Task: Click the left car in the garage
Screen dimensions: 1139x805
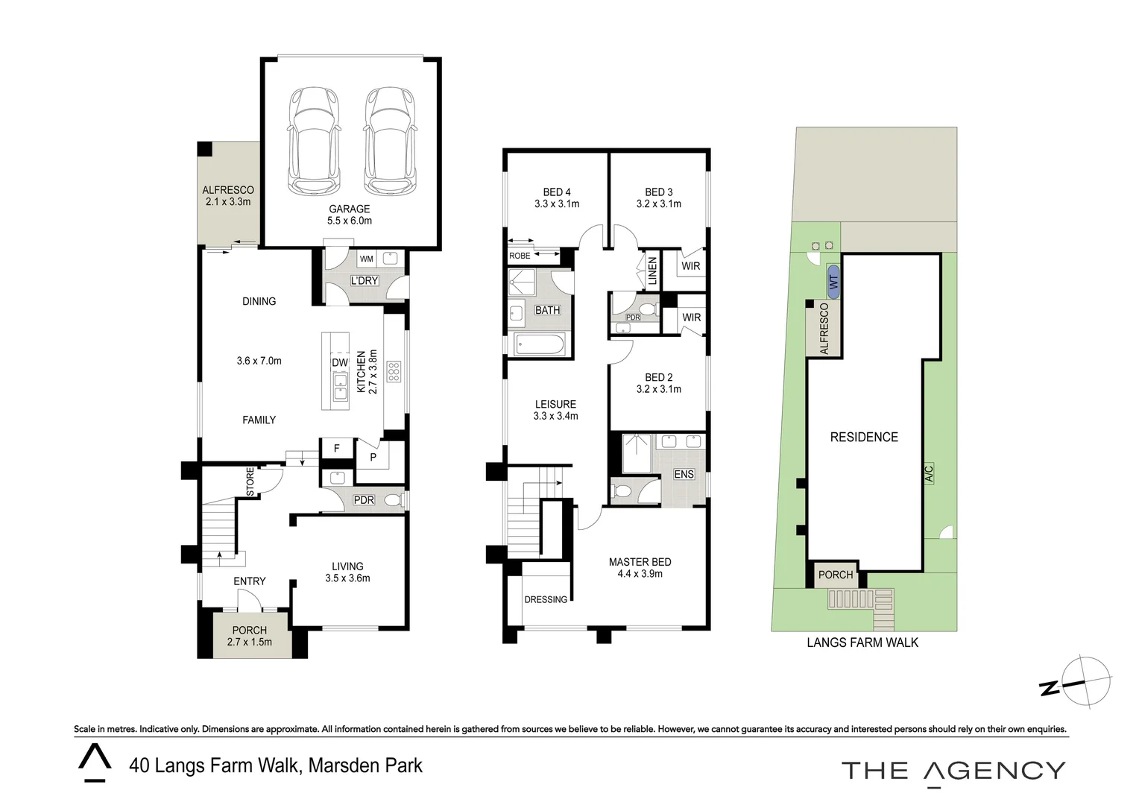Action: click(x=313, y=141)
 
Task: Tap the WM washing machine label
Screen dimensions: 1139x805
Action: click(x=367, y=259)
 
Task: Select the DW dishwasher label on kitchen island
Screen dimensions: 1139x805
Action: click(x=340, y=362)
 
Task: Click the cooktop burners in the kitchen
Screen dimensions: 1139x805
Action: click(x=394, y=371)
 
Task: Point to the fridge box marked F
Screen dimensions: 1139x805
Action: click(x=337, y=449)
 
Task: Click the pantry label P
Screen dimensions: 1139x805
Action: click(x=373, y=457)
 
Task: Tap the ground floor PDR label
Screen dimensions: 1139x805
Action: click(x=364, y=500)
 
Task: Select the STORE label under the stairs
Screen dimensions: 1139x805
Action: click(x=250, y=482)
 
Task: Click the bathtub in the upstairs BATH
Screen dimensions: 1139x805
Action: click(x=539, y=344)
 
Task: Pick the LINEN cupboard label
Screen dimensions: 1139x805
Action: click(x=653, y=271)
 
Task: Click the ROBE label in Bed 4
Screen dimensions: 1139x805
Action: click(x=520, y=256)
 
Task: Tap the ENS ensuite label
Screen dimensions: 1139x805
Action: click(x=684, y=474)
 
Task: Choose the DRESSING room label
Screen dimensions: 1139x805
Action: click(x=546, y=599)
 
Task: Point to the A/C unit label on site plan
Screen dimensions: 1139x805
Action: click(x=929, y=473)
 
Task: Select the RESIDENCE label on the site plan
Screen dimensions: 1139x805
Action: click(x=864, y=437)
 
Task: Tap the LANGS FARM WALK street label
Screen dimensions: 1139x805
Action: click(x=863, y=643)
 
